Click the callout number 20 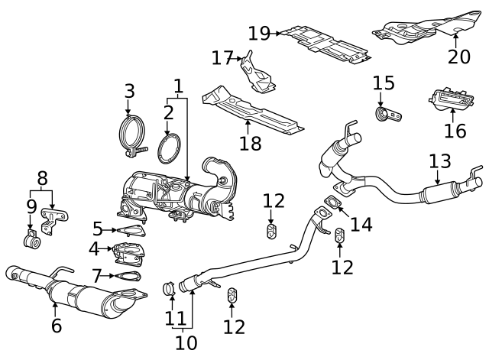point(459,57)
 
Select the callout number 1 point(178,86)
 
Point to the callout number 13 point(440,161)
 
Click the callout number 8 point(43,179)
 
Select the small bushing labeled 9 point(31,242)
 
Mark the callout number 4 point(94,248)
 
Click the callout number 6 point(56,326)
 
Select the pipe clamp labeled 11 point(171,289)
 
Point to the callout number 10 point(185,342)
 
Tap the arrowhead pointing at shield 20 point(455,34)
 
